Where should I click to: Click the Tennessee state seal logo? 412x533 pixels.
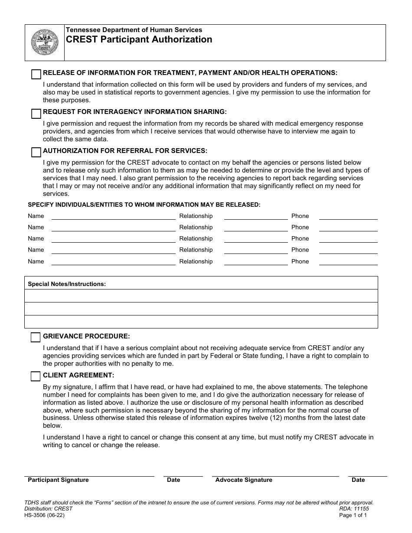click(x=44, y=42)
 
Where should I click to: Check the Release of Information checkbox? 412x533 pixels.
click(x=36, y=75)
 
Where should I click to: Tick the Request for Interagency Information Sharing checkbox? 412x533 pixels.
click(x=36, y=114)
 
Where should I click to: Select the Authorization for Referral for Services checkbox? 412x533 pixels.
click(x=36, y=153)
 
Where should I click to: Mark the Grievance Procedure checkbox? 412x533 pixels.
click(x=36, y=338)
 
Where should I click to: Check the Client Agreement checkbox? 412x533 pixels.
click(x=36, y=377)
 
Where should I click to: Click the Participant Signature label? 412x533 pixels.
click(x=58, y=480)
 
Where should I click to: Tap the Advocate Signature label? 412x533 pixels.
click(x=244, y=480)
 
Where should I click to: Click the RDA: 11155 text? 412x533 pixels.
click(x=354, y=509)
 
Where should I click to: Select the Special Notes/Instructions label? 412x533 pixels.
click(x=67, y=284)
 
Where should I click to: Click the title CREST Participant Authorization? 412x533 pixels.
click(x=139, y=40)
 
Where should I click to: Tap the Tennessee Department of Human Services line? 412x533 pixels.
click(x=134, y=30)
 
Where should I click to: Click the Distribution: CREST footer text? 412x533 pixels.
click(x=49, y=509)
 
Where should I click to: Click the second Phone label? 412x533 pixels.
click(x=300, y=227)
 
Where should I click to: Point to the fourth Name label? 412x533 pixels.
click(x=36, y=250)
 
